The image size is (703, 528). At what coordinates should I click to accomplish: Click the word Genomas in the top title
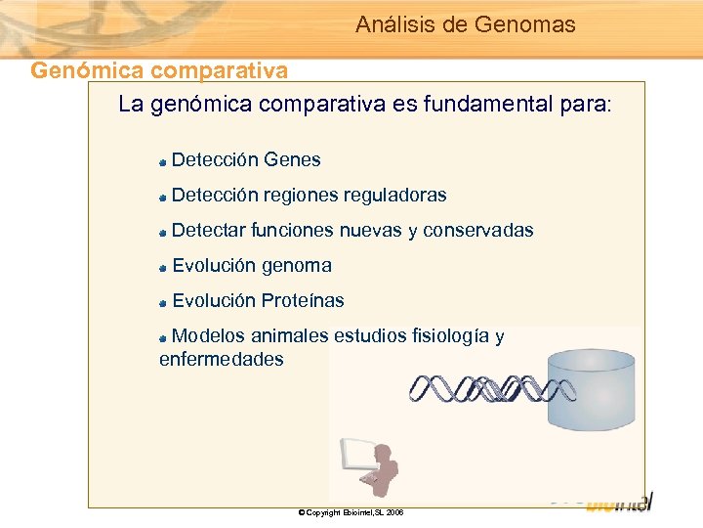[524, 24]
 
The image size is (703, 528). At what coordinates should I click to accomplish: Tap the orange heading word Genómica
[75, 70]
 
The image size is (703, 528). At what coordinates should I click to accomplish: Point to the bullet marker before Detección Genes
[164, 161]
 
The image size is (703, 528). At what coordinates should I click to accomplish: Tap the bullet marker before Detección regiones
[164, 197]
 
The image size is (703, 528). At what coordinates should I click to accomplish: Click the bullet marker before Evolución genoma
[164, 267]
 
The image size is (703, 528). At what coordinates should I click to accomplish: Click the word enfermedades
[221, 359]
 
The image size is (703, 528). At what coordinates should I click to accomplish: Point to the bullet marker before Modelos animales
[164, 337]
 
